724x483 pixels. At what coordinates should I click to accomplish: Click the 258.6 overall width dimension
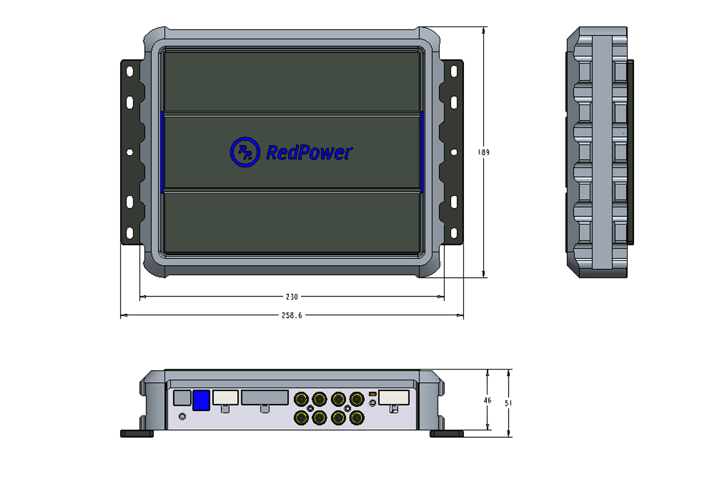(x=291, y=315)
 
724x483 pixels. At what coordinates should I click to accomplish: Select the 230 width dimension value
(x=291, y=296)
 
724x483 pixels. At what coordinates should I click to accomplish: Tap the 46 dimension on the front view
(x=487, y=400)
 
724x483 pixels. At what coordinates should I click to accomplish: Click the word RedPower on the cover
(x=309, y=153)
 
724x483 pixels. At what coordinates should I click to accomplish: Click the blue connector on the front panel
(x=201, y=400)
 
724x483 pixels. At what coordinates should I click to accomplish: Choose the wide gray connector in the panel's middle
(x=265, y=397)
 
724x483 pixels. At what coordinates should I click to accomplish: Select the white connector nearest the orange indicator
(x=393, y=397)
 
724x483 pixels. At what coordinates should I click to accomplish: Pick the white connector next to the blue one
(x=225, y=397)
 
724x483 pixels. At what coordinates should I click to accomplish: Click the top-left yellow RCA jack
(x=300, y=398)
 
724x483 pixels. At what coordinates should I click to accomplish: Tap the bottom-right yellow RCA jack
(x=357, y=417)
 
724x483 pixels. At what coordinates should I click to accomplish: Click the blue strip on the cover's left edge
(x=162, y=152)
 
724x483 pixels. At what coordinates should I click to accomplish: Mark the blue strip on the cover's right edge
(x=422, y=152)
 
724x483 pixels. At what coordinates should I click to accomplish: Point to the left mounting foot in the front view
(x=138, y=433)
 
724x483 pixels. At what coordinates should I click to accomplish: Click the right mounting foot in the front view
(x=446, y=433)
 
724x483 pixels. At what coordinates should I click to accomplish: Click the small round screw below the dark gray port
(x=183, y=416)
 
